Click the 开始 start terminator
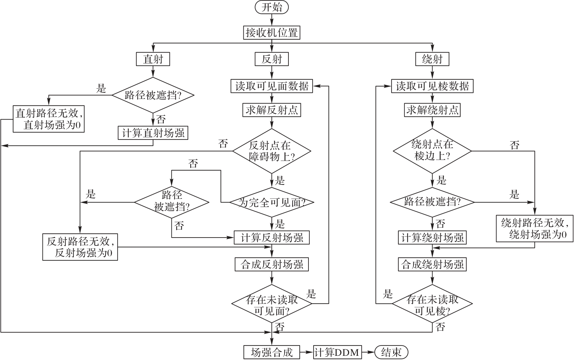coord(271,7)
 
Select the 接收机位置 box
coord(271,33)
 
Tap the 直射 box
coord(153,59)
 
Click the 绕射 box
coord(432,59)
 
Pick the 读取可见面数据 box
coord(272,86)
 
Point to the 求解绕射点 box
coord(432,110)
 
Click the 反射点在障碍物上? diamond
coord(272,151)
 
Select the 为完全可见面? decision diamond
coord(272,202)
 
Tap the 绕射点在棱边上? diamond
coord(432,151)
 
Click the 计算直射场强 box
coord(153,133)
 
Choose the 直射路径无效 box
coord(49,119)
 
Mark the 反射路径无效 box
coord(80,247)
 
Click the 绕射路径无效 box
coord(535,229)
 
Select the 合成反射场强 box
coord(272,264)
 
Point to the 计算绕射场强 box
coord(432,238)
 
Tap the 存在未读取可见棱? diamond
coord(432,304)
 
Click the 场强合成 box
coord(272,352)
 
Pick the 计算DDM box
coord(337,352)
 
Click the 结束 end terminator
coord(391,352)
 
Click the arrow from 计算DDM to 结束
coord(368,352)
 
